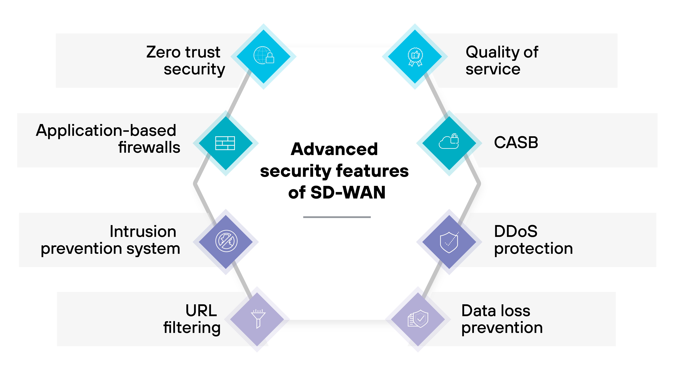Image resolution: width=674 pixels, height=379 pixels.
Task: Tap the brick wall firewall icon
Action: pyautogui.click(x=225, y=143)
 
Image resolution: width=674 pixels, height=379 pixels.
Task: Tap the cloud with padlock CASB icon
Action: pyautogui.click(x=449, y=142)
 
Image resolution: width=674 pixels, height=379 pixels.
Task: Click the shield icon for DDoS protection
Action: pyautogui.click(x=449, y=242)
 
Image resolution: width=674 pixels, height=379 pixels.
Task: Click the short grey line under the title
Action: pyautogui.click(x=337, y=217)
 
